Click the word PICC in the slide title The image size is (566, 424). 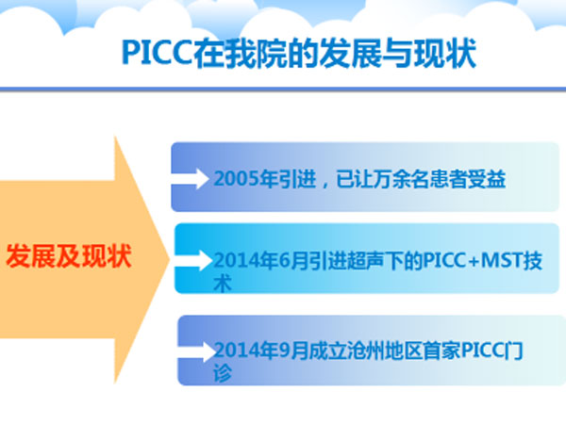coord(158,53)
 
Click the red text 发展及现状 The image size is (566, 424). coord(69,256)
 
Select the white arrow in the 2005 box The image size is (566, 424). coord(191,178)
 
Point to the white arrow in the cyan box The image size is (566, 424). coord(193,260)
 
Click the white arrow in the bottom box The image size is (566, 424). coord(197,351)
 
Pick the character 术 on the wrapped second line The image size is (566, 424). coord(223,284)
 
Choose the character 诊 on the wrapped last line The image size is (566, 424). coord(223,373)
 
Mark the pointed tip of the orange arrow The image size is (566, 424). coord(169,258)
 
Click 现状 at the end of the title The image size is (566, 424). coord(444,54)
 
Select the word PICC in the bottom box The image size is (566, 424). coord(483,350)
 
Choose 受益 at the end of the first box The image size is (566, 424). coord(487,179)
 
